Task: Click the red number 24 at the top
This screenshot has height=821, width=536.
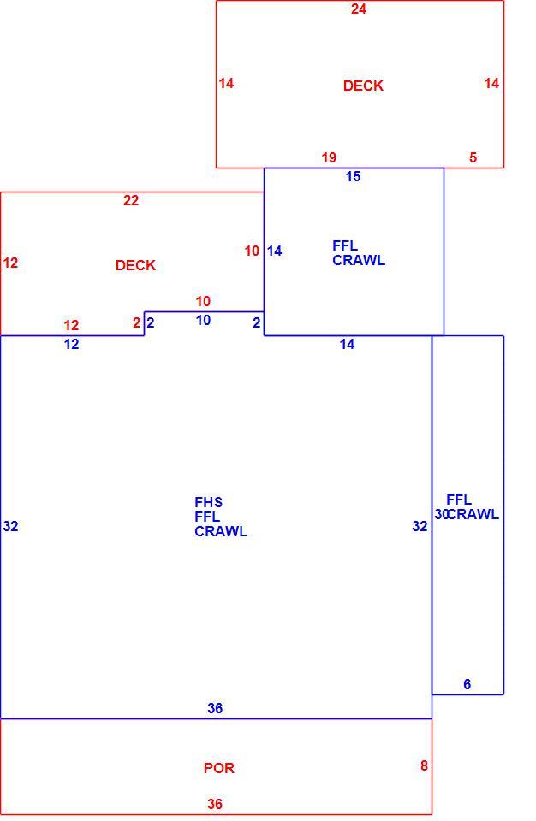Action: click(x=359, y=9)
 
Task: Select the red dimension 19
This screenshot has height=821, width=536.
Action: click(x=329, y=157)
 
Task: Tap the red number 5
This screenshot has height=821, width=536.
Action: click(x=473, y=157)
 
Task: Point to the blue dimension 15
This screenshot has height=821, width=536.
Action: click(x=353, y=176)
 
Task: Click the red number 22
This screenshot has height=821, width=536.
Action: click(x=131, y=200)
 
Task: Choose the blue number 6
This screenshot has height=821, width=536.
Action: click(x=467, y=684)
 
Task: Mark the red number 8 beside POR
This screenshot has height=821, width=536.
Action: click(x=424, y=765)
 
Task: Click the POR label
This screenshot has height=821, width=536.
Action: click(x=218, y=768)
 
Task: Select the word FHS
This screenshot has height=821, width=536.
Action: click(x=208, y=502)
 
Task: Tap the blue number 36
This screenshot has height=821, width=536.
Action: click(x=215, y=708)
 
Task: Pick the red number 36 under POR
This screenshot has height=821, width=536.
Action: click(x=215, y=804)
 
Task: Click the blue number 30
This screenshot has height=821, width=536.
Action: click(x=441, y=514)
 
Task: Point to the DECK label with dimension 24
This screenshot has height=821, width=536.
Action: click(x=363, y=86)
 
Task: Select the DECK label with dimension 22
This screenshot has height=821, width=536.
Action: click(x=135, y=265)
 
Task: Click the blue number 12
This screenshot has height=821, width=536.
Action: click(x=71, y=344)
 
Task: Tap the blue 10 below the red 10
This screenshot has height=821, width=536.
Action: click(x=203, y=320)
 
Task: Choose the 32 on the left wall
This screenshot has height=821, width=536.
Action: click(x=10, y=526)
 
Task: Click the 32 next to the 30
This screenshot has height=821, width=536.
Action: click(x=420, y=526)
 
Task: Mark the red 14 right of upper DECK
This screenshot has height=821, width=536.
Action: click(x=491, y=83)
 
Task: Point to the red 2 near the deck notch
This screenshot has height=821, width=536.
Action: click(x=137, y=322)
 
